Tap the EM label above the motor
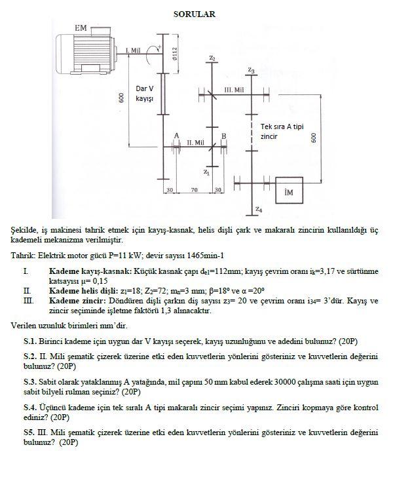pyautogui.click(x=81, y=28)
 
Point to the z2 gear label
pyautogui.click(x=212, y=59)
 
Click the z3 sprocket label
pyautogui.click(x=252, y=69)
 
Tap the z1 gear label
pyautogui.click(x=206, y=172)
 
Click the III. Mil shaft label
pyautogui.click(x=234, y=89)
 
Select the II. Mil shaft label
pyautogui.click(x=195, y=142)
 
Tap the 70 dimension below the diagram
pyautogui.click(x=194, y=189)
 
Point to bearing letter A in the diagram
pyautogui.click(x=176, y=135)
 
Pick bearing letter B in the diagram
pyautogui.click(x=223, y=135)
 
